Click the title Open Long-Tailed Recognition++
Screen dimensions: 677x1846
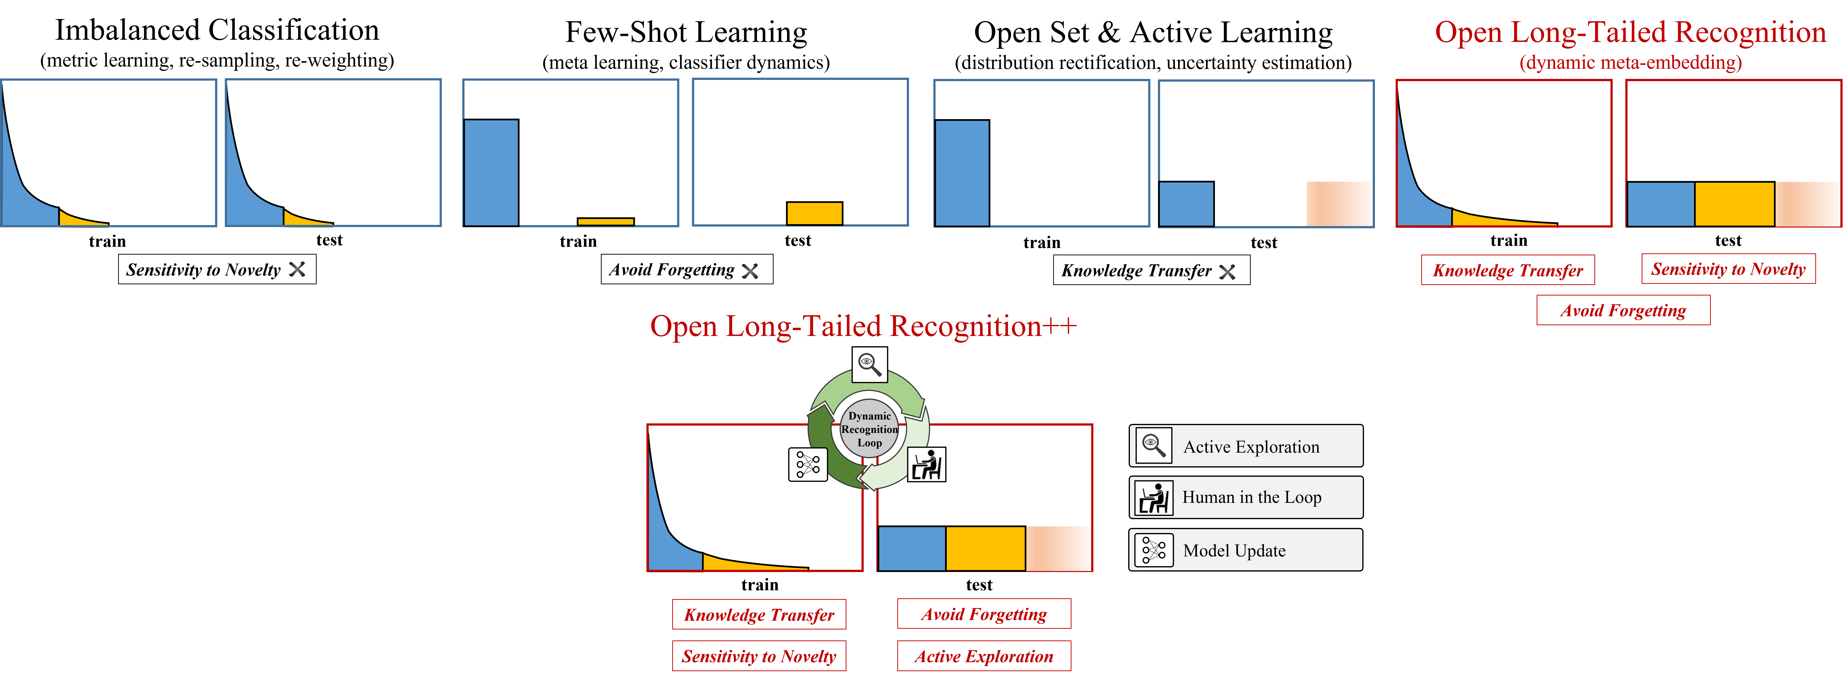(863, 327)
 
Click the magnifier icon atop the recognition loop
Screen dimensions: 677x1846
(869, 365)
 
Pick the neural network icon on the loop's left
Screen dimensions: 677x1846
(808, 464)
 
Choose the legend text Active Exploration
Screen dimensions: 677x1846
(1250, 447)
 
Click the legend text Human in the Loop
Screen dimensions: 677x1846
(1251, 497)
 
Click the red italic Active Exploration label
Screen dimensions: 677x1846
(984, 656)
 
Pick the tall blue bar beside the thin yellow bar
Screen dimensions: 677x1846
(491, 173)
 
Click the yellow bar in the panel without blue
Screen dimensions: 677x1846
(814, 213)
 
